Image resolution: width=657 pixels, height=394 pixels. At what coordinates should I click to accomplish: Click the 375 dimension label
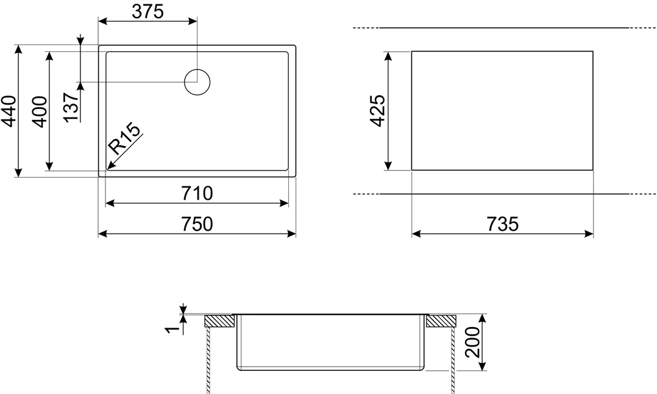tap(147, 12)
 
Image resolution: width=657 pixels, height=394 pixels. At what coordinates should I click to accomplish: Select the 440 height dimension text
tap(9, 111)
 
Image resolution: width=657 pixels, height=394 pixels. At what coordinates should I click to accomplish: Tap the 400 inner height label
tap(40, 112)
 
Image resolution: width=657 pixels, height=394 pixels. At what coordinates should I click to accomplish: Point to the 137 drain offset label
tap(72, 108)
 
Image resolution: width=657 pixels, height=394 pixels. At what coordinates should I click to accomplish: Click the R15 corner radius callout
tap(124, 139)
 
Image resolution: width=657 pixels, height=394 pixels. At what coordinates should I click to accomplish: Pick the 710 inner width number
tap(197, 193)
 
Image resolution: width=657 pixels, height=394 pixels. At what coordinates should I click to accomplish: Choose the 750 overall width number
tap(197, 223)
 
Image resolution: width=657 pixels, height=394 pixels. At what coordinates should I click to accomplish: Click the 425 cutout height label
tap(377, 111)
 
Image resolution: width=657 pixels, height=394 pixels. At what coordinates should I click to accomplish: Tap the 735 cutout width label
tap(502, 223)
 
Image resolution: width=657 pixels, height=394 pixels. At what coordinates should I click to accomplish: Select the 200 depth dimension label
tap(473, 342)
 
